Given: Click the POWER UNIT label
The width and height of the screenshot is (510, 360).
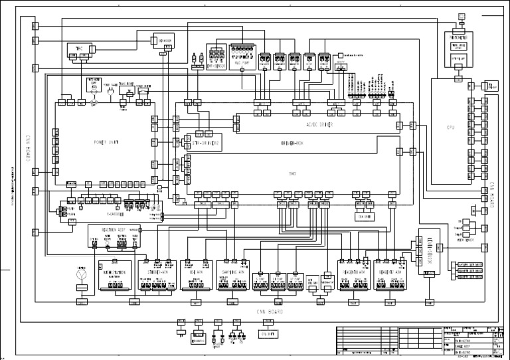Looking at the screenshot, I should click(105, 141).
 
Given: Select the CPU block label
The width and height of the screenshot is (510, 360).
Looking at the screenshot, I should click(451, 126).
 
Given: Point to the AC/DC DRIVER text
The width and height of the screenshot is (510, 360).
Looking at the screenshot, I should click(319, 124).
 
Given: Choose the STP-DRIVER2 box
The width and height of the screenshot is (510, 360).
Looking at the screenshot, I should click(205, 142).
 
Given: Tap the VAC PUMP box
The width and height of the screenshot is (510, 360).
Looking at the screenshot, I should click(242, 56).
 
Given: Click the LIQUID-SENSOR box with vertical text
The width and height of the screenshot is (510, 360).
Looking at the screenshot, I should click(426, 252).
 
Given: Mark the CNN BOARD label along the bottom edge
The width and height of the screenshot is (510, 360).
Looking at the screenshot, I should click(270, 312).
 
